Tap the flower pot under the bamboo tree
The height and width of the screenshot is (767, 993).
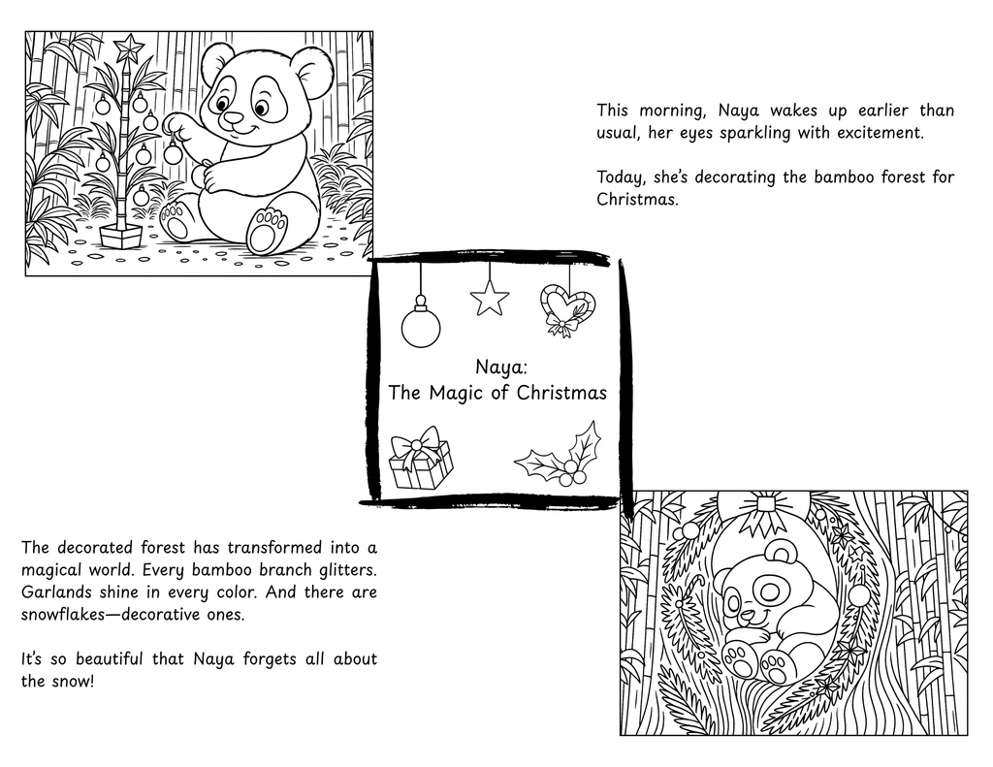pyautogui.click(x=121, y=235)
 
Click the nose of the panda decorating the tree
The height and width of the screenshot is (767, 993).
pyautogui.click(x=233, y=118)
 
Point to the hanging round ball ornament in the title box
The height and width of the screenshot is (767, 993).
pyautogui.click(x=421, y=326)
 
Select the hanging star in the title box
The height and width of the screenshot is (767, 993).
pyautogui.click(x=490, y=299)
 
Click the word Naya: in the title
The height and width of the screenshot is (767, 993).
pyautogui.click(x=497, y=368)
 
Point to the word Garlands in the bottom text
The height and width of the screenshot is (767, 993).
pyautogui.click(x=53, y=592)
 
